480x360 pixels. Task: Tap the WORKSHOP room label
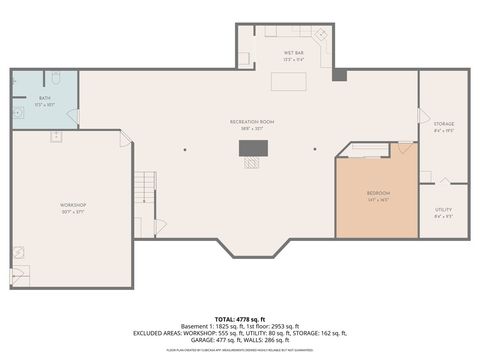tap(72, 205)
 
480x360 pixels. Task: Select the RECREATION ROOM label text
tap(251, 121)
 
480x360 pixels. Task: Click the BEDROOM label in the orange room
tap(378, 193)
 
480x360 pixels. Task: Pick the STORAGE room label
tap(444, 124)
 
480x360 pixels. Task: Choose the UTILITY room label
tap(444, 209)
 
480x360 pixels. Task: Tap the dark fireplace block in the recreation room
tap(253, 148)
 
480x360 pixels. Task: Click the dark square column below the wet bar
tap(339, 74)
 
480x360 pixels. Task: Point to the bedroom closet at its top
tap(370, 150)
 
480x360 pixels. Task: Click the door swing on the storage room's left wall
tap(423, 117)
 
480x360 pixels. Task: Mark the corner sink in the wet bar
tap(321, 36)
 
